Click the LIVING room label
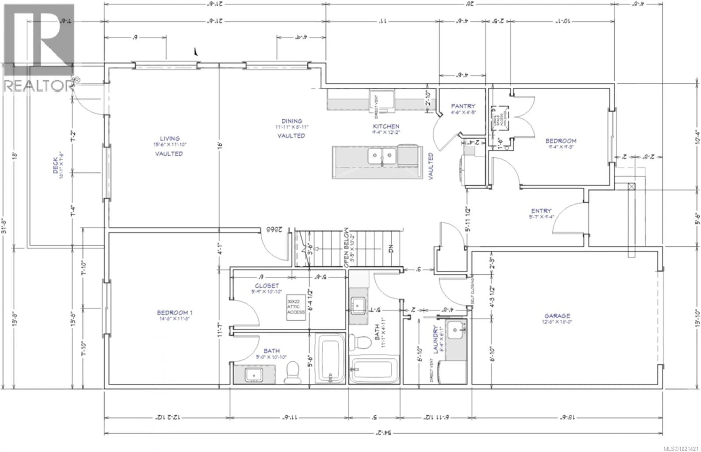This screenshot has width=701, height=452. coord(170,139)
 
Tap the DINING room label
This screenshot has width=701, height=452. coord(292,121)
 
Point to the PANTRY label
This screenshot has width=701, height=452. coord(463,106)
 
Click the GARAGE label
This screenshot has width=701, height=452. coord(557,316)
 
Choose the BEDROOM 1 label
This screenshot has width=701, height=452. coord(175,313)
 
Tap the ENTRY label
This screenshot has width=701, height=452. coord(541,211)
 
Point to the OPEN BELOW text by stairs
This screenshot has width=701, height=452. coord(346,247)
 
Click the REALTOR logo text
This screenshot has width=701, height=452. coord(38,86)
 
